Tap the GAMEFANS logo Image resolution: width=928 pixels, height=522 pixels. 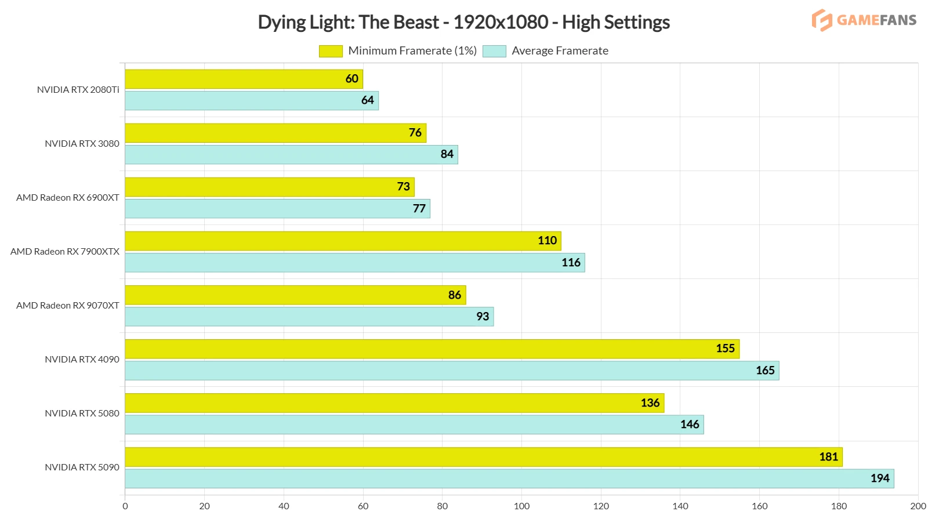pos(864,20)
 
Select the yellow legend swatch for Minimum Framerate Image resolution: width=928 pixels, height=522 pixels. pos(331,51)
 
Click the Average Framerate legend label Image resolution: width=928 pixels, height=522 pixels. pos(560,51)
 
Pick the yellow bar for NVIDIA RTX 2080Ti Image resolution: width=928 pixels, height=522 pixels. pos(244,79)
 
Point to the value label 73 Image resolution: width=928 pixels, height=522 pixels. pos(404,187)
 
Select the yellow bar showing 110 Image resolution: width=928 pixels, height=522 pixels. pos(343,241)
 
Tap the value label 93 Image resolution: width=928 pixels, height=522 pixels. pos(483,317)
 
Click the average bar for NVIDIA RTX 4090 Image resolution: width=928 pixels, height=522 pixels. pos(452,371)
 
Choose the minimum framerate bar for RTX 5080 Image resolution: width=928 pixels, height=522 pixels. pos(394,403)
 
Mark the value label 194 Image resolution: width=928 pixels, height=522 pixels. pos(880,478)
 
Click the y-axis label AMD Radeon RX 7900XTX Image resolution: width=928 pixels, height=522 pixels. pos(65,252)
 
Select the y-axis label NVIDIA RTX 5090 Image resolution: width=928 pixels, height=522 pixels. pos(82,467)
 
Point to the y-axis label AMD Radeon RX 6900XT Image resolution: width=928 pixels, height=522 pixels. pos(68,198)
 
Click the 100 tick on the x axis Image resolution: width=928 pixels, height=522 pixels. pos(521,506)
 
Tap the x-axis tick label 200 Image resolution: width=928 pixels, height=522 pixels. pos(918,506)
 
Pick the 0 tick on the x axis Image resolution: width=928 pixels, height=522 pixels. pos(125,506)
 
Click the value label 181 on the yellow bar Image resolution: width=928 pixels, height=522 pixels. pos(828,457)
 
